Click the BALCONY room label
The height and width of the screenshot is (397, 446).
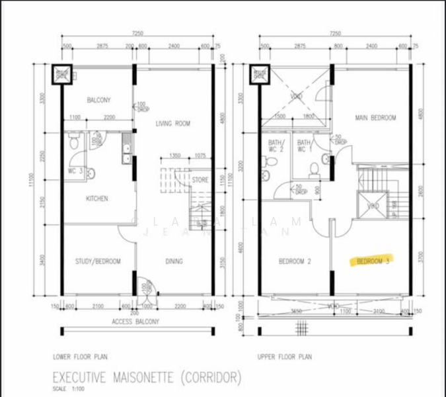(98, 101)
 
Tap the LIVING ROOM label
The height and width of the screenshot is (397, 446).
(173, 124)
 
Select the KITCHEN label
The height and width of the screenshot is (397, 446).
(96, 198)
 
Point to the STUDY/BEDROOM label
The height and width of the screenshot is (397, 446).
(98, 261)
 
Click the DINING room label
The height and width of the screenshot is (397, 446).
(174, 261)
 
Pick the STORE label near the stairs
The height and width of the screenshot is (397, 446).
(200, 179)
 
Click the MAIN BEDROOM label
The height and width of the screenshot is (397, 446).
(375, 118)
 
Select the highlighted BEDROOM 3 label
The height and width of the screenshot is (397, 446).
(374, 261)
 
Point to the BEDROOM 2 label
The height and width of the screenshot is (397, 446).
(295, 261)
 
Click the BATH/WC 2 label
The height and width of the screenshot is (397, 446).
(276, 146)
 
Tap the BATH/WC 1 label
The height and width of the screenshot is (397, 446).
(305, 146)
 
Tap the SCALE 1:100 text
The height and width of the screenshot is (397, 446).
(67, 388)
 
